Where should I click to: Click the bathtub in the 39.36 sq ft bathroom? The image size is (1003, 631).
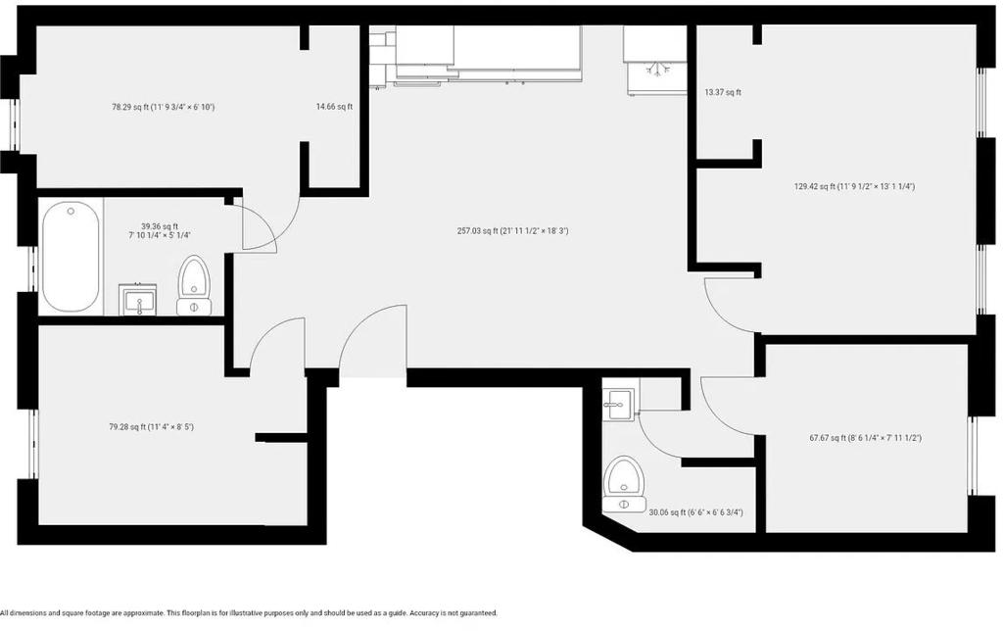pos(71,257)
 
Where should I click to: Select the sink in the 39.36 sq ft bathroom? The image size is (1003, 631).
pos(137,300)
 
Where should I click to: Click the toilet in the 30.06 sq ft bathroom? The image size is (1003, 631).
pos(624,484)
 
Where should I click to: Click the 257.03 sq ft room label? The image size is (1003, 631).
pos(512,231)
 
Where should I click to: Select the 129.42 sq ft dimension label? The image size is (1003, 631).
pos(854,187)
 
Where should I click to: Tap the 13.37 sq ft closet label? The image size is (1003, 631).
pos(723,92)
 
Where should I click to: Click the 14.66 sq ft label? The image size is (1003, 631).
pos(334,107)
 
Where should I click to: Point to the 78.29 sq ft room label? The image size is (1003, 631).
pos(164,107)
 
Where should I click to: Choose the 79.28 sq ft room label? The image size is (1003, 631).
pos(151,427)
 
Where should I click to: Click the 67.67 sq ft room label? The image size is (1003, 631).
pos(866,438)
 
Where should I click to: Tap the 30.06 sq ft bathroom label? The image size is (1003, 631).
pos(696,512)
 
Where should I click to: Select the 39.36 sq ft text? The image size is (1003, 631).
pos(160,226)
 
